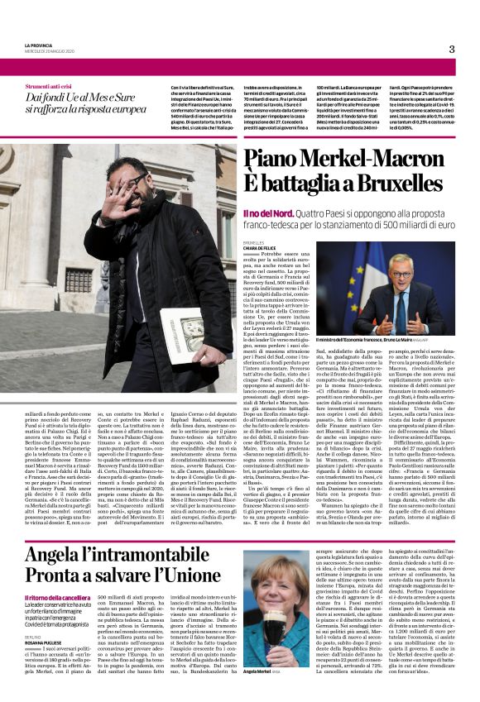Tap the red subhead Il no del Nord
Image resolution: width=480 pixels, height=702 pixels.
click(x=264, y=213)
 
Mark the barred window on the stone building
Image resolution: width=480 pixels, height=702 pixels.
click(x=79, y=281)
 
